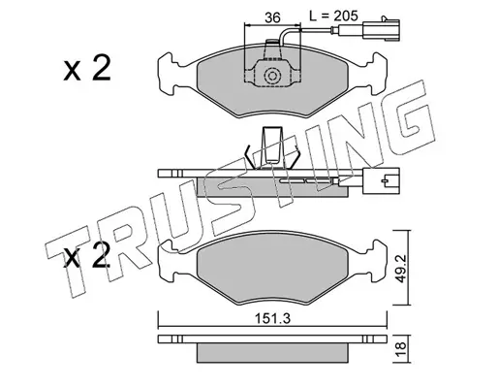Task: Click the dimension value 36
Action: tap(272, 17)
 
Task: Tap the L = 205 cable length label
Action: tap(333, 16)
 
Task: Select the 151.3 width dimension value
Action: tap(273, 318)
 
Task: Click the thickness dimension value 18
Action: tap(401, 349)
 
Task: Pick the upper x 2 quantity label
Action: tap(87, 68)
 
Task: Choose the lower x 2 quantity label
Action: tap(87, 255)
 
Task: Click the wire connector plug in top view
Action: tap(382, 30)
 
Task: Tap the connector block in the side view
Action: tap(381, 181)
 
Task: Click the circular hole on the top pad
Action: tap(272, 77)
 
